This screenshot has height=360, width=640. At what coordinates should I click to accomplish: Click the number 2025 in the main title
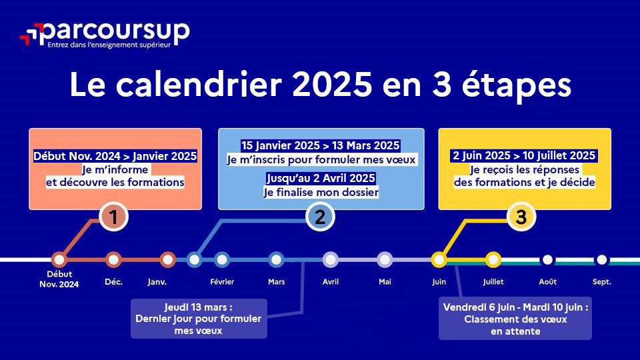click(x=332, y=85)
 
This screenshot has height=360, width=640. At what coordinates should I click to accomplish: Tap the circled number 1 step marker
click(x=113, y=217)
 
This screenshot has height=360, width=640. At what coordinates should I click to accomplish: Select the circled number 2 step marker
click(x=320, y=217)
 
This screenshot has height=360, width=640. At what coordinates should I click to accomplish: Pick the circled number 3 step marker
click(x=521, y=217)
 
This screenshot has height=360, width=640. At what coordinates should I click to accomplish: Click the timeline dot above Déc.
click(x=113, y=259)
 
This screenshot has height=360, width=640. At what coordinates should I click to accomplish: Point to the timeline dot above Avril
click(x=331, y=259)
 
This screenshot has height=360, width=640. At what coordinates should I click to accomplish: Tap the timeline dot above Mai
click(x=385, y=259)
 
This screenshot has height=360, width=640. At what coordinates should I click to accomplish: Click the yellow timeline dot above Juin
click(x=439, y=259)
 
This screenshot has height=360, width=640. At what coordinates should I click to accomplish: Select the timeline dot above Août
click(x=547, y=259)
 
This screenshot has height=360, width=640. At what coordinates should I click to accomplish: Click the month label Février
click(x=222, y=281)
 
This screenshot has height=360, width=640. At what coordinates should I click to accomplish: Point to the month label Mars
click(x=276, y=281)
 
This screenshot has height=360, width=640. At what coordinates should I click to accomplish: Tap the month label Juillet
click(x=493, y=281)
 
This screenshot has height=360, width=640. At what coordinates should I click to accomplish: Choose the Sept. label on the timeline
click(x=601, y=282)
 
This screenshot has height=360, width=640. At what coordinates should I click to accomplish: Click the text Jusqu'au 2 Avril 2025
click(x=321, y=179)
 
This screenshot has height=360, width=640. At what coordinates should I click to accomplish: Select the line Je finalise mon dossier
click(x=321, y=192)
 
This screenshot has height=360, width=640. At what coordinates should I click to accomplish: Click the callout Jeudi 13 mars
click(x=199, y=319)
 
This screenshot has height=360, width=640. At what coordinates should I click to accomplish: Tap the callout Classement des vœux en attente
click(x=515, y=319)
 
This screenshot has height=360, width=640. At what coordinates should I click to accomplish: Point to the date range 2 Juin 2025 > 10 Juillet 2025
click(x=524, y=155)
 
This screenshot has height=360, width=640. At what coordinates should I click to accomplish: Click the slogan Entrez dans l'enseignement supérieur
click(x=109, y=45)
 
